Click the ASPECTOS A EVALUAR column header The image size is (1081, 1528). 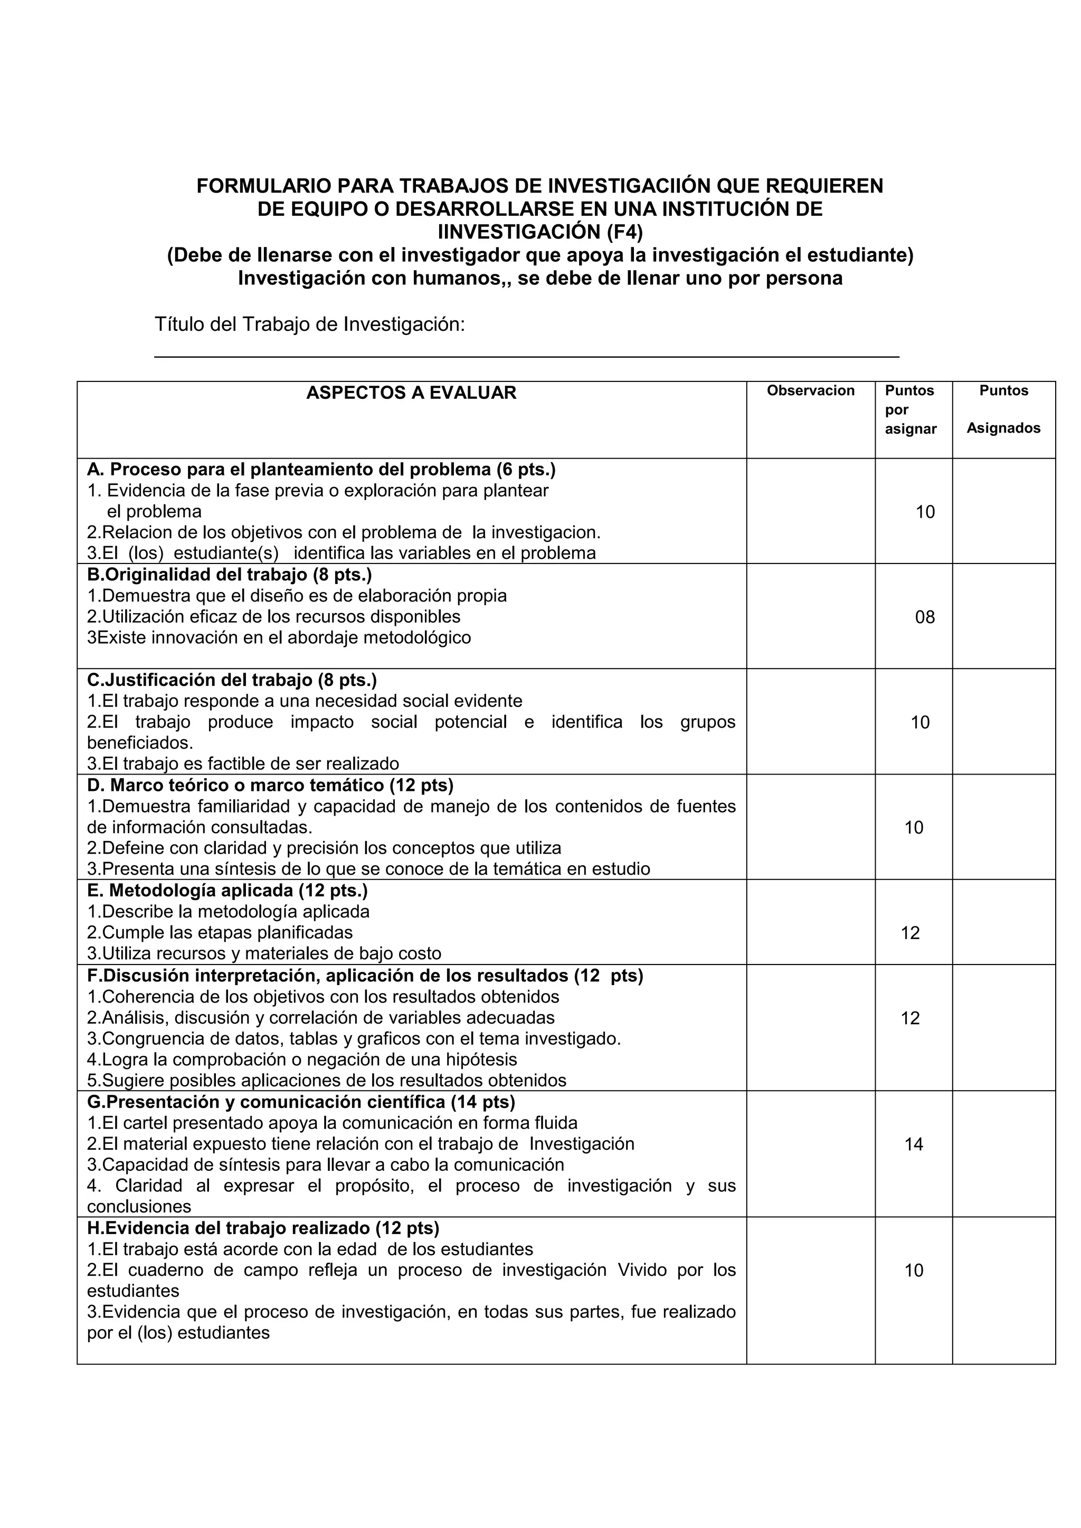[411, 393]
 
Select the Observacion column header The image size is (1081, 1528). [810, 390]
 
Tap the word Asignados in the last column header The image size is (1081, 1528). [1003, 428]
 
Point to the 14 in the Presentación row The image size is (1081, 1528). [913, 1144]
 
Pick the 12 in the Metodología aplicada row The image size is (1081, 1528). [910, 933]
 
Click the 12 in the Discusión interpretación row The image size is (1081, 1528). [910, 1018]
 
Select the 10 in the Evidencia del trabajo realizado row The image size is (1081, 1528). [913, 1271]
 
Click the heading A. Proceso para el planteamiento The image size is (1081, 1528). [321, 470]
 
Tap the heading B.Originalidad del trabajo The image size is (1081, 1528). [229, 575]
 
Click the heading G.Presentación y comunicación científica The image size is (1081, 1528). [301, 1102]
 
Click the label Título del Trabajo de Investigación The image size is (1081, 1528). [309, 325]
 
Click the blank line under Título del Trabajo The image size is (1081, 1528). [526, 356]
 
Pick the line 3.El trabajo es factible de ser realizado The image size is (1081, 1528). [243, 763]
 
